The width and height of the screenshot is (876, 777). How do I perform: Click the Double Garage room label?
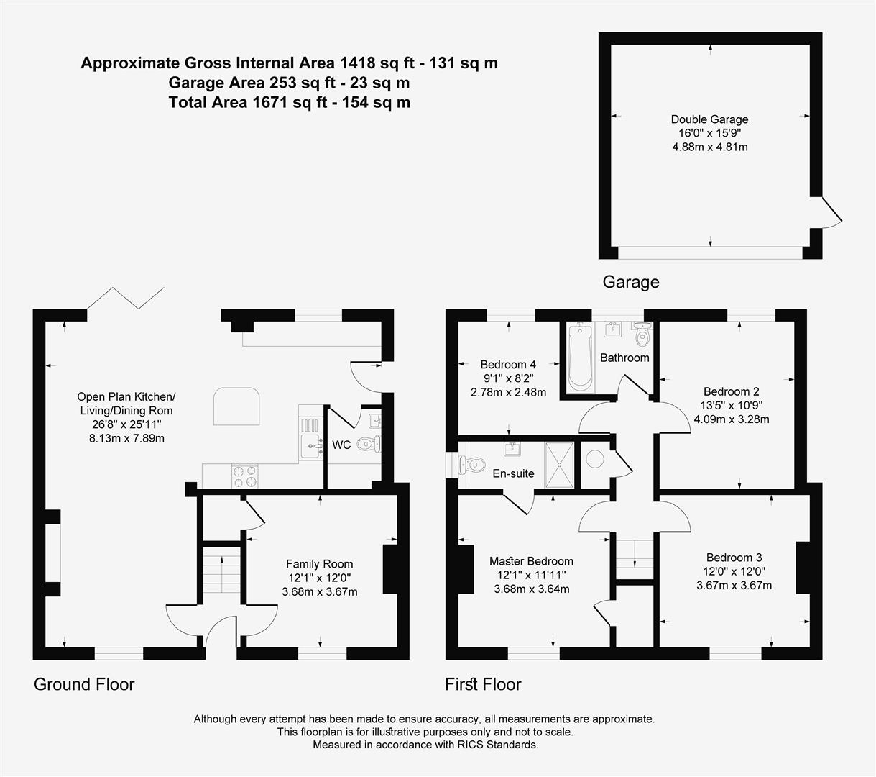tap(709, 120)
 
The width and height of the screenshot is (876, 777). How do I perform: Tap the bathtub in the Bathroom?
tap(579, 358)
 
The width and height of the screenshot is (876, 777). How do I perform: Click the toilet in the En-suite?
tap(474, 465)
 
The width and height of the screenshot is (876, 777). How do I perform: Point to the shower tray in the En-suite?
tap(560, 465)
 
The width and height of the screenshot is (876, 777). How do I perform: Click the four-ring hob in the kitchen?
tap(244, 474)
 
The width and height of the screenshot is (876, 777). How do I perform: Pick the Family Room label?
tap(319, 564)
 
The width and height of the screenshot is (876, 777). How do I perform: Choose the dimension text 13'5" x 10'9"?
tap(731, 405)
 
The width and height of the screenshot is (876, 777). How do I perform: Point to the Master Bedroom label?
tap(531, 561)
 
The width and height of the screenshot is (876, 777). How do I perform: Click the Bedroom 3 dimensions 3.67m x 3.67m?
tap(734, 585)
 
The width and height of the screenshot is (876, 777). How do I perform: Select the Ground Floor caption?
tap(84, 684)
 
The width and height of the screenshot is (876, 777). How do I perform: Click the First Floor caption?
tap(483, 684)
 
